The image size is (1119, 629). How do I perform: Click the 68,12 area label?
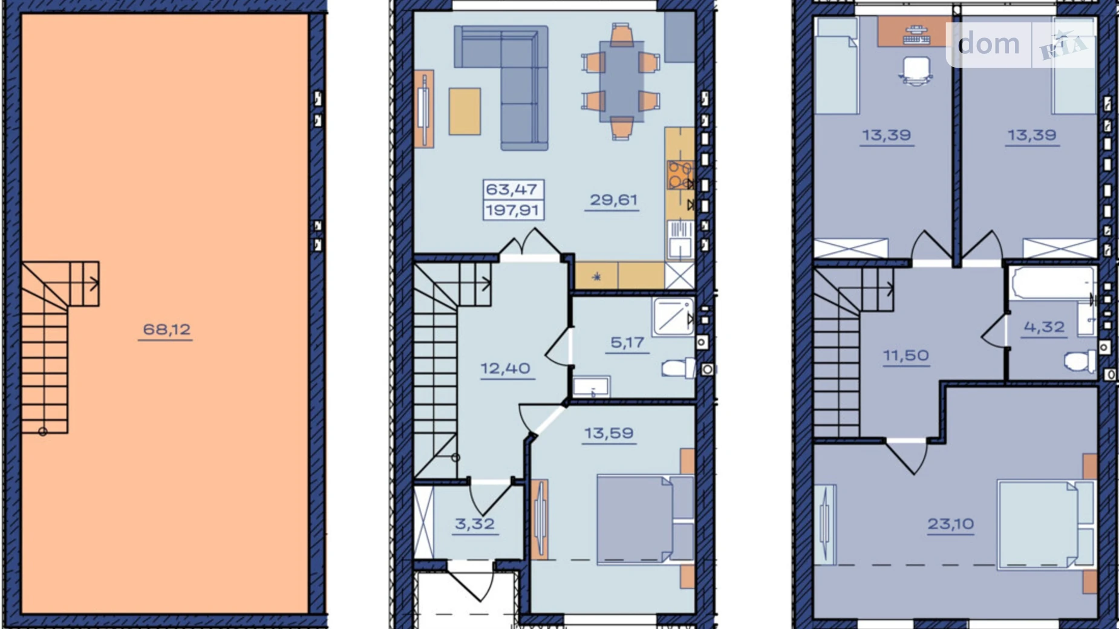(166, 330)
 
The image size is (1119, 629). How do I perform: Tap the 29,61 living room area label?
(613, 200)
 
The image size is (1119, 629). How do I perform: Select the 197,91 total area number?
(513, 210)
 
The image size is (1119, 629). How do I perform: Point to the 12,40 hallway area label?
(505, 368)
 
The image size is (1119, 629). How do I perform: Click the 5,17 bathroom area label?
(627, 343)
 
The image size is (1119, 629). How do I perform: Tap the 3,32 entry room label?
(475, 524)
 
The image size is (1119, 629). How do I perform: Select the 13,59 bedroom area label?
(608, 433)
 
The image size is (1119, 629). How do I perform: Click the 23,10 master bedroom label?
(950, 524)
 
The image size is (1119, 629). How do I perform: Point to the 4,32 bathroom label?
(1044, 327)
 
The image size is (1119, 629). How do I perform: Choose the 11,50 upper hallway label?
(905, 356)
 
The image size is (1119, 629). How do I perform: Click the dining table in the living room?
(621, 82)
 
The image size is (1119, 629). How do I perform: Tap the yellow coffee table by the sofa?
(465, 111)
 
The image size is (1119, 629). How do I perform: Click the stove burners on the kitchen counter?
(680, 175)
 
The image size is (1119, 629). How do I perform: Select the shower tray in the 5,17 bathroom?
(673, 316)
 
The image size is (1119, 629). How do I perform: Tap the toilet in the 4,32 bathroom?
(1078, 362)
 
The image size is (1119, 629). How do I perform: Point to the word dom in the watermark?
(989, 44)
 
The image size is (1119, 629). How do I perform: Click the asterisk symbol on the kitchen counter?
(596, 277)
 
